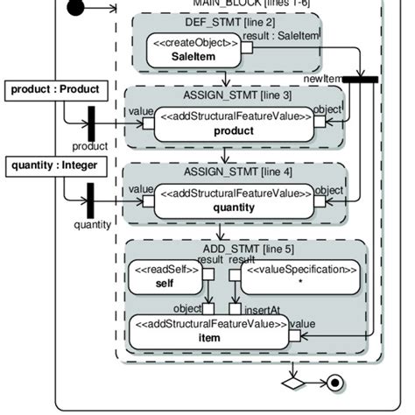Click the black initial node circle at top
(77, 8)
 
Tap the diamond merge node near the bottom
(292, 383)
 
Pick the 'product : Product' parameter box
(60, 89)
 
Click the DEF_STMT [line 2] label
(226, 22)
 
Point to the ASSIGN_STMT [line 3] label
(227, 94)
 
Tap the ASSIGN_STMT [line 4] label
(227, 172)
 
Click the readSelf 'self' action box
(165, 277)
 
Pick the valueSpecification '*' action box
(299, 277)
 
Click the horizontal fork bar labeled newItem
(359, 80)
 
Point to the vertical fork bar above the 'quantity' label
(91, 202)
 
